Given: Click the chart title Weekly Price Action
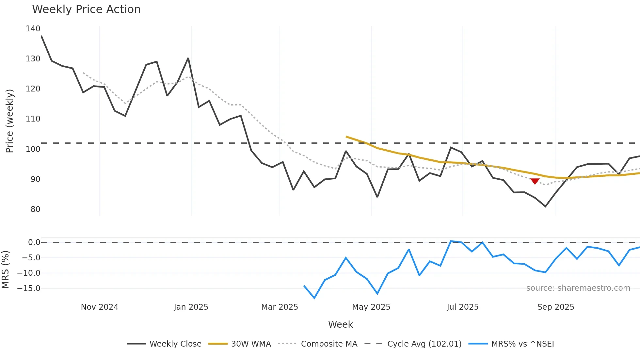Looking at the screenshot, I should click(86, 9).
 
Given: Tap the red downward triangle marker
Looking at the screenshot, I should click(535, 181).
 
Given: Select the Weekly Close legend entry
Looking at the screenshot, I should click(164, 344).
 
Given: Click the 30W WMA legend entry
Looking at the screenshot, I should click(240, 344).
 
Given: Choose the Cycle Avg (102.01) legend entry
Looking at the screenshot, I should click(413, 344).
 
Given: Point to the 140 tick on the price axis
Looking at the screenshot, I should click(33, 29).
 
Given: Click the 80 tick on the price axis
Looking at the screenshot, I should click(35, 209).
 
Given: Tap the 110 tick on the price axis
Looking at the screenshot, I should click(33, 119).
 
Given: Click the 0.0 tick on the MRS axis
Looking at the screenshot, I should click(34, 242).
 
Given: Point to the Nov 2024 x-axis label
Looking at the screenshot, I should click(100, 307).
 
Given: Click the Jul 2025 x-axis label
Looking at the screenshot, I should click(462, 307).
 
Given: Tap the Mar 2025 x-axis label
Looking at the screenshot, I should click(280, 307).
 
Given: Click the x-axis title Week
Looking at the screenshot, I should click(340, 324).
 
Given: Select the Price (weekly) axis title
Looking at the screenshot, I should click(9, 121).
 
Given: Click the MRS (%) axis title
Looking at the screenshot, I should click(5, 270).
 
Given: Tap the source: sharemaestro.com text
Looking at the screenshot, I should click(578, 288).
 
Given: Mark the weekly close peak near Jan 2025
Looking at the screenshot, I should click(188, 58).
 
